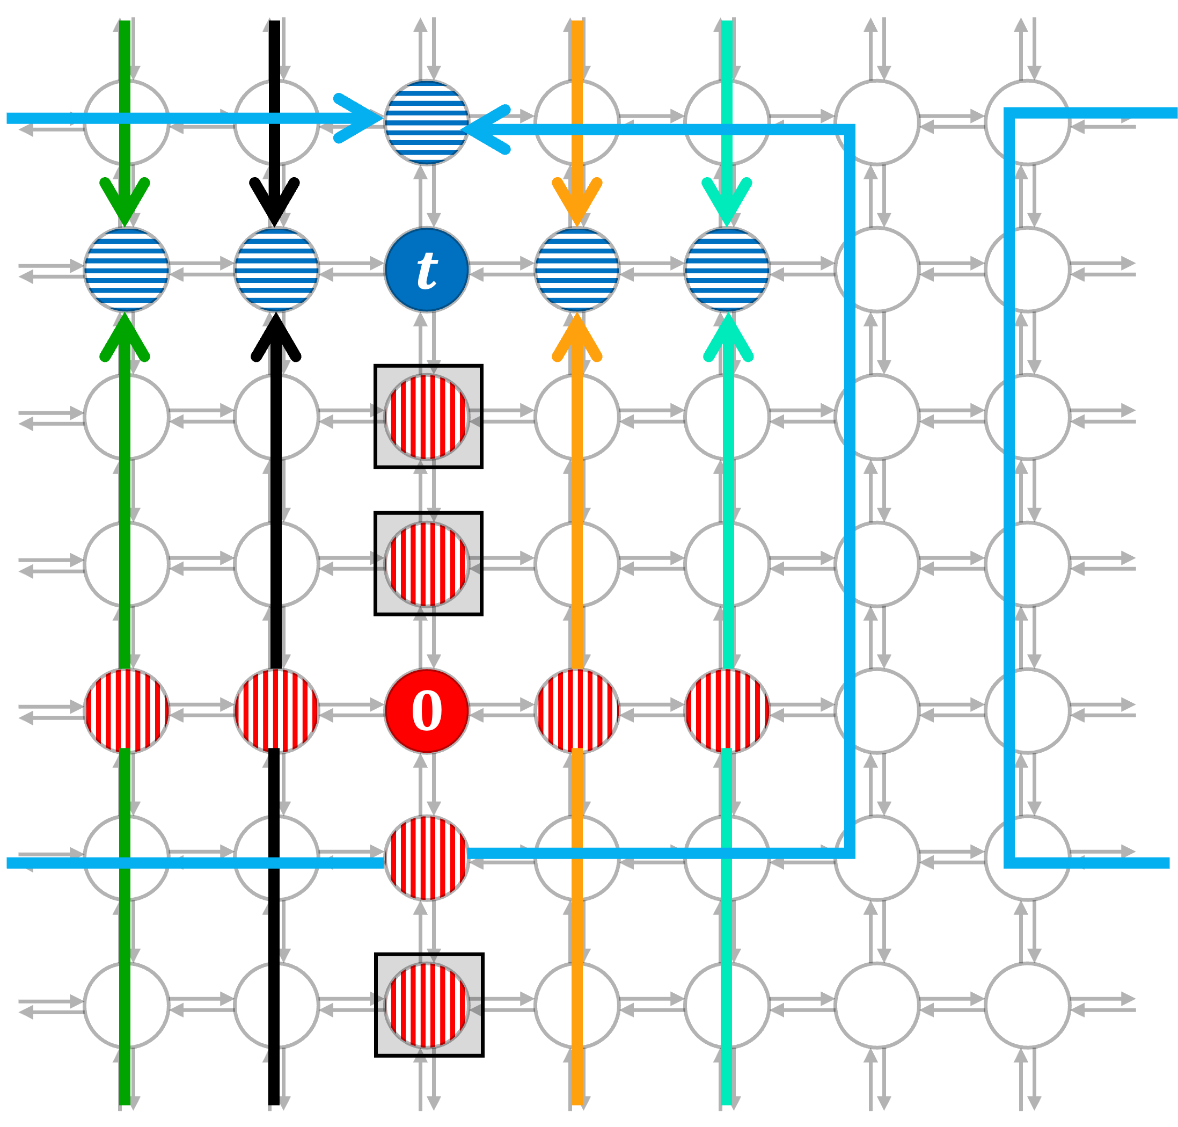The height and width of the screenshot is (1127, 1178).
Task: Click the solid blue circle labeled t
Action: click(426, 269)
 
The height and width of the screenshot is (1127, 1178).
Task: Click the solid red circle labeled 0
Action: click(426, 711)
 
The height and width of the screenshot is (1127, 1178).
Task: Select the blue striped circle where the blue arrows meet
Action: click(426, 122)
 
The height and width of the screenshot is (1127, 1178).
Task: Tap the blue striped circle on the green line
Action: click(126, 269)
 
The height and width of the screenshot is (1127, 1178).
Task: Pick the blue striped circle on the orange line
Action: click(576, 269)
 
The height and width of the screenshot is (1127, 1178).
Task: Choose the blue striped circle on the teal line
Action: click(727, 269)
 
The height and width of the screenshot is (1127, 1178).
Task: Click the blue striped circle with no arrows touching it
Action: click(276, 269)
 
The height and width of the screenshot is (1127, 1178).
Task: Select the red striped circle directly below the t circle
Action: click(426, 416)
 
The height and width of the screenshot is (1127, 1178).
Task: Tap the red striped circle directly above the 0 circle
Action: click(426, 564)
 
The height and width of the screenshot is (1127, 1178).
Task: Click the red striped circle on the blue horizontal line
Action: click(426, 857)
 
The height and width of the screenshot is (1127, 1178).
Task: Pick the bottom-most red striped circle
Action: click(426, 1005)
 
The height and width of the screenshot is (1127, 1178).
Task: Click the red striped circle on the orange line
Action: click(576, 711)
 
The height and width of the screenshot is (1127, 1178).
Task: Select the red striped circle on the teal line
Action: click(727, 711)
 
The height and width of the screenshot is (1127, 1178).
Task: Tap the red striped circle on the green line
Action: click(126, 711)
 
